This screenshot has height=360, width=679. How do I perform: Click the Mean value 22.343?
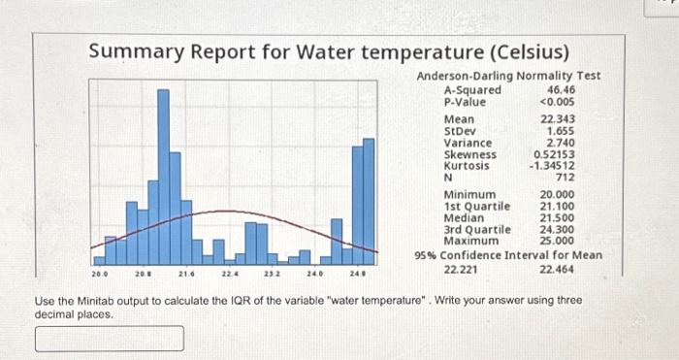557,119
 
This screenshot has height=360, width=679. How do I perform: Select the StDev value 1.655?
562,131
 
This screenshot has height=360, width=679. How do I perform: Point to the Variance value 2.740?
562,143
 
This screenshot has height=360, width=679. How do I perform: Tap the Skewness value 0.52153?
554,154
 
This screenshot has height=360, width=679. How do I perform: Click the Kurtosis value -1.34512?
552,166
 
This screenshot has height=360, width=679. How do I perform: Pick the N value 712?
566,178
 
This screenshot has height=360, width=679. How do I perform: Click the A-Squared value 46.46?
562,90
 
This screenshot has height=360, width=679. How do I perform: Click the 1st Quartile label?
475,206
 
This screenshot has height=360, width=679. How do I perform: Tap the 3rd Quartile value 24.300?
557,228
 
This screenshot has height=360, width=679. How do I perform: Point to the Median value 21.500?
557,217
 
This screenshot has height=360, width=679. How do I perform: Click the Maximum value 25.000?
557,240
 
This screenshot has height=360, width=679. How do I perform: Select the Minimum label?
469,194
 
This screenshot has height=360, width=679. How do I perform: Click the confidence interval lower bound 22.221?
460,269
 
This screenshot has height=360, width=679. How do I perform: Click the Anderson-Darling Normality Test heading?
508,76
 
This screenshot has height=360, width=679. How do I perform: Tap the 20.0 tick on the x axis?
100,275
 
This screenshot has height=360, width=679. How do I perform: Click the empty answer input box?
110,339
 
